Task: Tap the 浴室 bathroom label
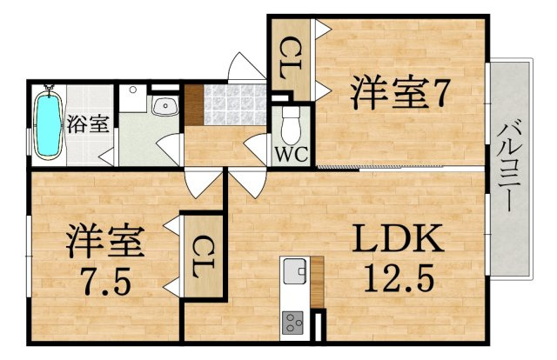pyautogui.click(x=88, y=123)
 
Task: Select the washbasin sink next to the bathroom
pyautogui.click(x=164, y=107)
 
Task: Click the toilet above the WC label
pyautogui.click(x=291, y=124)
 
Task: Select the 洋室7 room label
pyautogui.click(x=399, y=93)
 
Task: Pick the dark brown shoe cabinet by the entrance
pyautogui.click(x=193, y=104)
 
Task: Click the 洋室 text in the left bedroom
pyautogui.click(x=102, y=241)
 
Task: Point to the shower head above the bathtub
pyautogui.click(x=48, y=90)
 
